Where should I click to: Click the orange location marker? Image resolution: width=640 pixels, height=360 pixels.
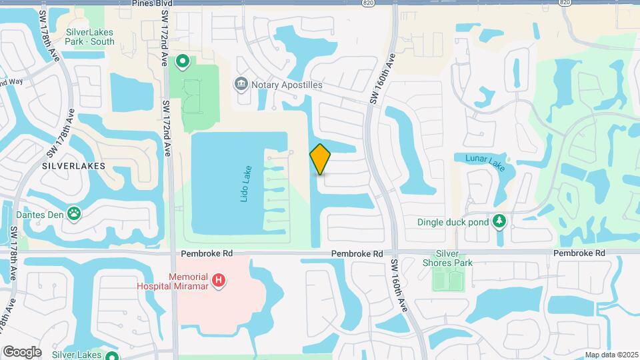click(320, 159)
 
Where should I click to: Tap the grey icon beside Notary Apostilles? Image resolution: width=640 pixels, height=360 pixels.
click(241, 85)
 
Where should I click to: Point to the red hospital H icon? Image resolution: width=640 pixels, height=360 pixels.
click(218, 281)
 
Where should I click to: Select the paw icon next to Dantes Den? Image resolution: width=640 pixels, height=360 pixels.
click(74, 214)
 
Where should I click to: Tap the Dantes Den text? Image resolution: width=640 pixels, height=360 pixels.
click(40, 214)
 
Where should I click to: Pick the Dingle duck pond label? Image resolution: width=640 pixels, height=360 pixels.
click(453, 222)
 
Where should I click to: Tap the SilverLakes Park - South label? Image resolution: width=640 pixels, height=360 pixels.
click(90, 37)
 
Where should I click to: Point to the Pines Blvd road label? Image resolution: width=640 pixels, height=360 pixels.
click(152, 3)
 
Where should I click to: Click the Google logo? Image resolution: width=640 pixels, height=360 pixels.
click(22, 352)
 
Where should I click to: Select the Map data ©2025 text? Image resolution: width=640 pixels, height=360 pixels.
click(611, 355)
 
